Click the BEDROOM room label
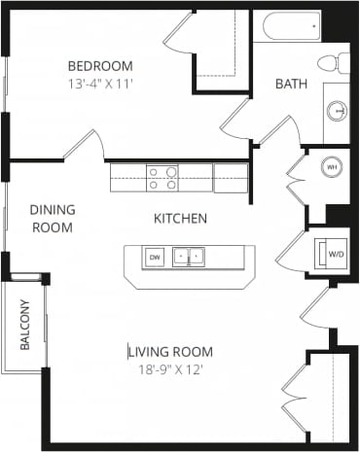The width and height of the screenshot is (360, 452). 99,66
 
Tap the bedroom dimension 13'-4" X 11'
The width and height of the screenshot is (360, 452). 99,84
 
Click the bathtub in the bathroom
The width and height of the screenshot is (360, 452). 289,27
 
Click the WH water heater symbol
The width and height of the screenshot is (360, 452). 331,166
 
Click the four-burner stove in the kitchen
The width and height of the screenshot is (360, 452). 162,178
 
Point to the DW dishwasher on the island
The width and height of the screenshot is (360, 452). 154,258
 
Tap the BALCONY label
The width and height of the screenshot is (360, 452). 24,327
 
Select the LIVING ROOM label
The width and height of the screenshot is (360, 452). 171,352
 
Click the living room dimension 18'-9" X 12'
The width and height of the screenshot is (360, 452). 171,369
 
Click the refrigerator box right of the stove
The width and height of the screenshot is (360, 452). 231,178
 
